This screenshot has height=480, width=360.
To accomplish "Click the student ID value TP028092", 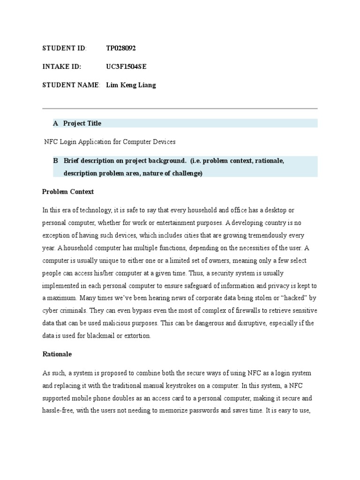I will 121,48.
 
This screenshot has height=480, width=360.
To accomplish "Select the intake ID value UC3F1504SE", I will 126,67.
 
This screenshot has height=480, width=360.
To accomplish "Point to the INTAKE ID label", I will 61,67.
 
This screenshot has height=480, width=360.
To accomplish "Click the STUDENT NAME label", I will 71,85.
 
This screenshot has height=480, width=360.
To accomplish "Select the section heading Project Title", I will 82,123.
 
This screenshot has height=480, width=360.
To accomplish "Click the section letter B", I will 55,161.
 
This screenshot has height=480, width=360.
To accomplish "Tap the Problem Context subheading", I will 68,192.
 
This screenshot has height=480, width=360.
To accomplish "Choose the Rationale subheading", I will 57,354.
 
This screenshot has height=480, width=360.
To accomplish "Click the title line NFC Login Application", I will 109,141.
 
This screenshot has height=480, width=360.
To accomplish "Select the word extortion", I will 137,335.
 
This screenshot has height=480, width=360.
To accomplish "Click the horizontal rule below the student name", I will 180,109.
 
